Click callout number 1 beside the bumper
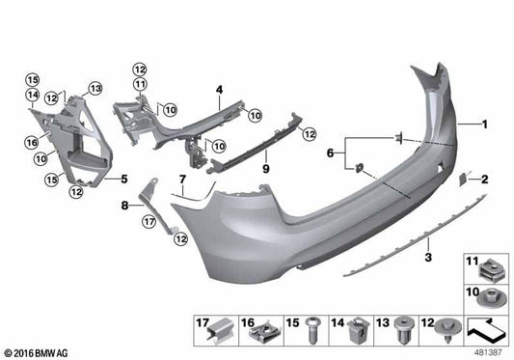point(486,125)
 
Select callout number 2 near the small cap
point(485,179)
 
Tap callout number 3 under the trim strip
point(427,259)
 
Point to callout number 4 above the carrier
point(219,91)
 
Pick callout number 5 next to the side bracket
point(123,179)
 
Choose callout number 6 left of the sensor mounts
point(331,152)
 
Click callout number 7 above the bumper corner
point(180,180)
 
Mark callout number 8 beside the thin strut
point(124,205)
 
